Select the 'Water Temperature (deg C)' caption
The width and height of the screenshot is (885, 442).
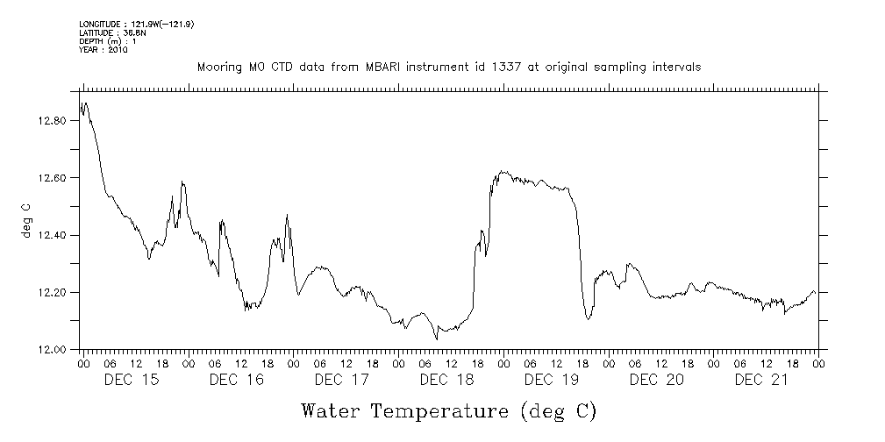[x=449, y=410]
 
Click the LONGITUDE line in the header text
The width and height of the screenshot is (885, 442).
[x=135, y=24]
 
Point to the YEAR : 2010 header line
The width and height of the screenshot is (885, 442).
[x=103, y=50]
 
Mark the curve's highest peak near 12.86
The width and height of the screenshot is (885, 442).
[x=85, y=103]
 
